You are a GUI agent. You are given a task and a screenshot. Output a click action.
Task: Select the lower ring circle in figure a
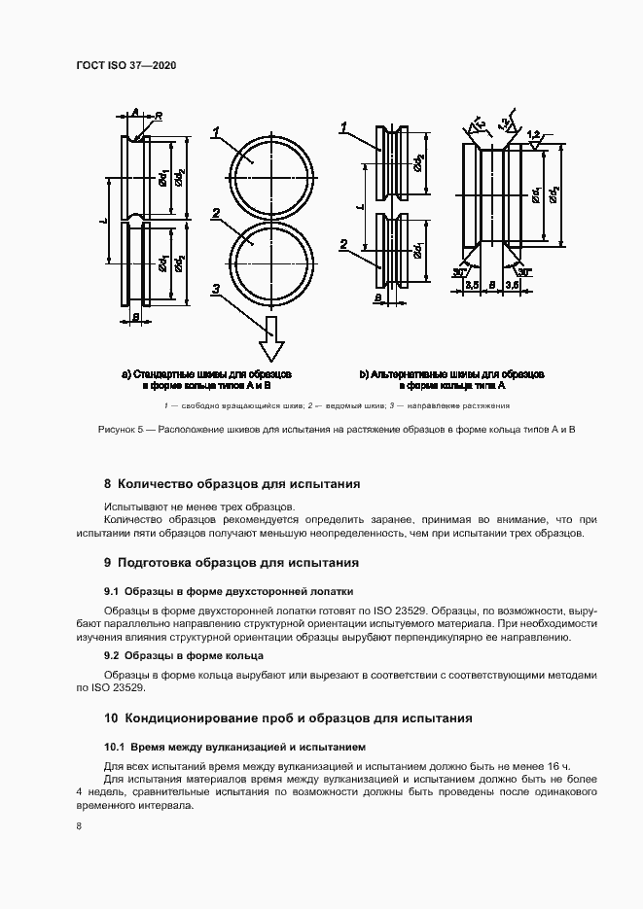point(273,262)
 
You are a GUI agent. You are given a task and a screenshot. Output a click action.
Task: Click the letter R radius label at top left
point(159,116)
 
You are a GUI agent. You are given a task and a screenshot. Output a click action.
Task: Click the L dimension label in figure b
point(360,207)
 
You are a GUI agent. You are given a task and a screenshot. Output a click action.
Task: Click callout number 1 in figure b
point(344,127)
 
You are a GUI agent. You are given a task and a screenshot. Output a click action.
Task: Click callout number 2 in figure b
point(344,243)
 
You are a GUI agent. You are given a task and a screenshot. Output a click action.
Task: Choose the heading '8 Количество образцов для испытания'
point(232,483)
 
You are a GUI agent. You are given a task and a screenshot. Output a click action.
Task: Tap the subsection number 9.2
point(111,654)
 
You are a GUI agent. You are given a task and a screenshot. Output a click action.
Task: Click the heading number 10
point(111,718)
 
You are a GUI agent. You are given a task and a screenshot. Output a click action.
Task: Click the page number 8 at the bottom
point(78,826)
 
